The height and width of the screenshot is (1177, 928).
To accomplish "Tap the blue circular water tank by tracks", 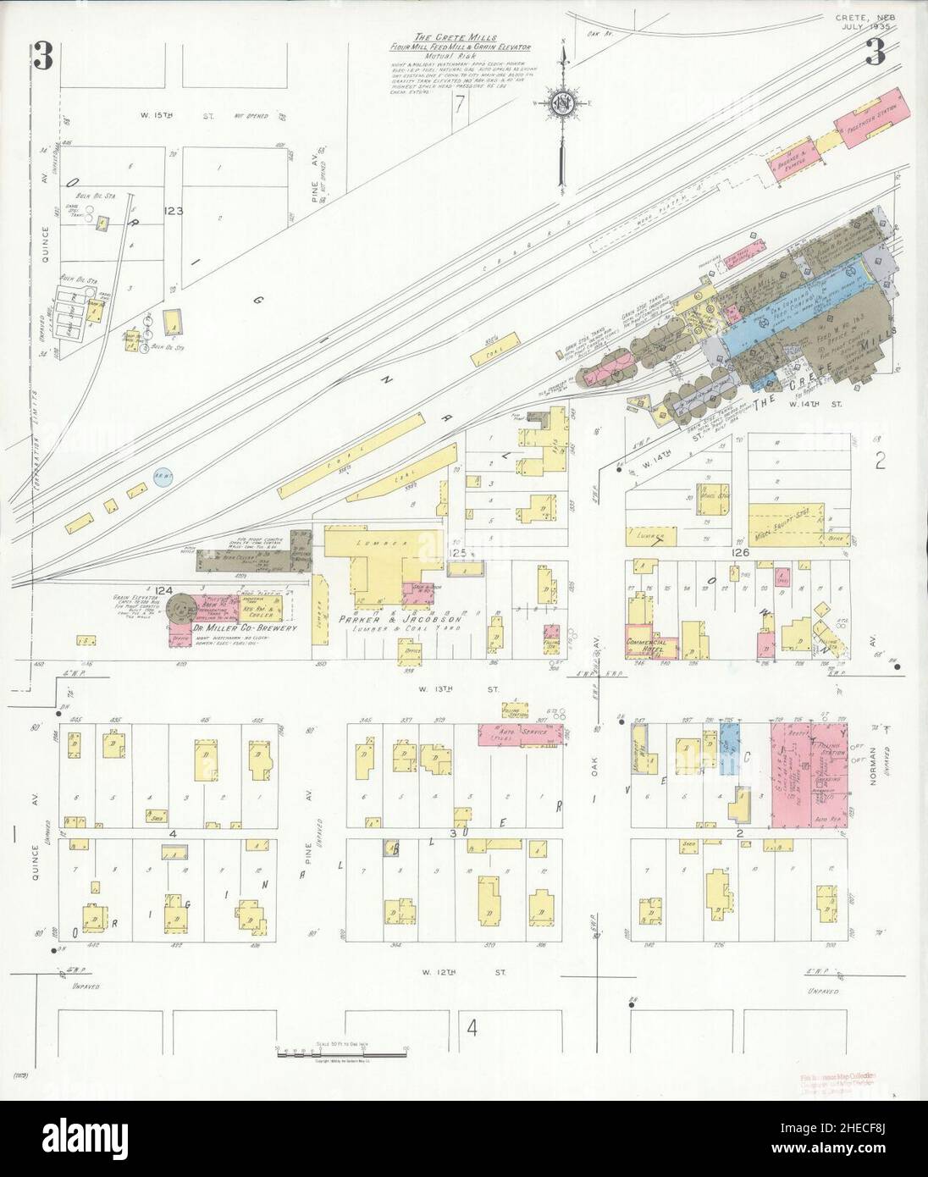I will tap(165, 479).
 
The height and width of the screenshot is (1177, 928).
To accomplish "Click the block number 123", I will tap(174, 211).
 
